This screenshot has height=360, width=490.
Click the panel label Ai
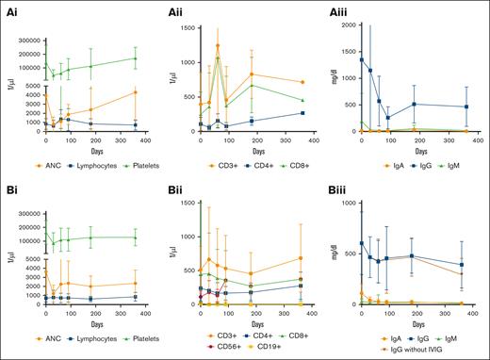pyautogui.click(x=8, y=7)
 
